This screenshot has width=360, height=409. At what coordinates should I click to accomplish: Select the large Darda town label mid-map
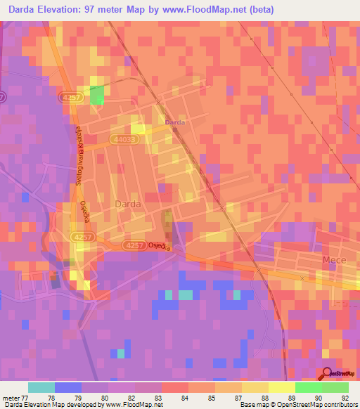pos(127,204)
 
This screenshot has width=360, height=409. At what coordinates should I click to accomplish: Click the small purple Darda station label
pos(174,122)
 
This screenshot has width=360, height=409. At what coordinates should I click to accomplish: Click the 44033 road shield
pos(124,141)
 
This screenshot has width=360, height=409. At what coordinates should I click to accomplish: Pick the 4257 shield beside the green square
pos(72,96)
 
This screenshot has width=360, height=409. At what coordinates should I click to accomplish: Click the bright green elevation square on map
pos(96,95)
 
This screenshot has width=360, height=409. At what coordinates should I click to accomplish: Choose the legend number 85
pos(211,397)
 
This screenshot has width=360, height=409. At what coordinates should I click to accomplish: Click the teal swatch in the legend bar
pos(41,387)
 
